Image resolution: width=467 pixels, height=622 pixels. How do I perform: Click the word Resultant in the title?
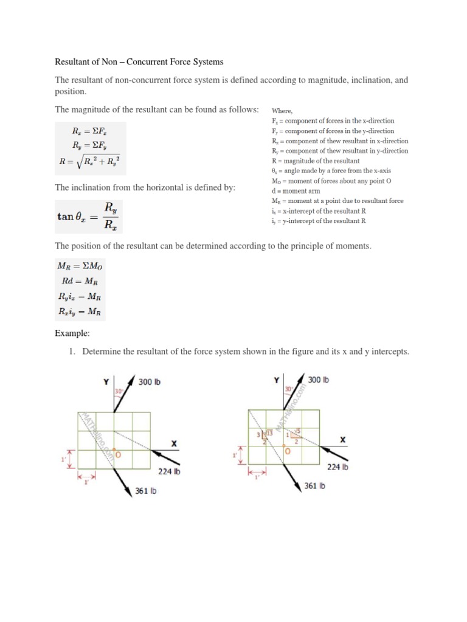[x=74, y=61]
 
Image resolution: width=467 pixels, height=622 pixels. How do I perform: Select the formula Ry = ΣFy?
[x=91, y=145]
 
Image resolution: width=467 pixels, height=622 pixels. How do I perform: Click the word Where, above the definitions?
[x=282, y=111]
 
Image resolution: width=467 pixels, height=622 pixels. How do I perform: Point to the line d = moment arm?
[x=296, y=191]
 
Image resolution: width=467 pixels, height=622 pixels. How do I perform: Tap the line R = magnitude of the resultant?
[x=316, y=161]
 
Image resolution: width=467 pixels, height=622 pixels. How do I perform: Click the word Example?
[x=72, y=333]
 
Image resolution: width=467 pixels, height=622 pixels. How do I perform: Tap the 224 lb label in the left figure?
[x=169, y=471]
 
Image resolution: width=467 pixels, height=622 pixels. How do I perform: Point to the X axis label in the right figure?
[x=343, y=439]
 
